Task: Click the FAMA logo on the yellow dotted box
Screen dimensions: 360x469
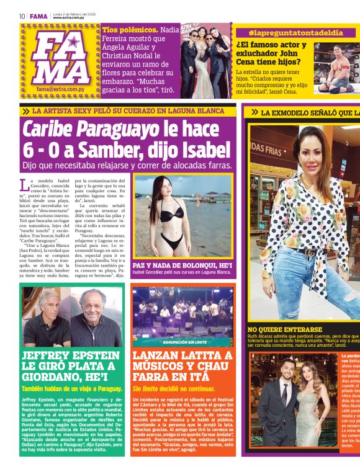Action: click(61, 58)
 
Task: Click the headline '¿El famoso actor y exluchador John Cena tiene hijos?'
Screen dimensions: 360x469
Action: click(272, 53)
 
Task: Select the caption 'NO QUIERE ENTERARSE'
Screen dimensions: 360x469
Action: click(284, 330)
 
